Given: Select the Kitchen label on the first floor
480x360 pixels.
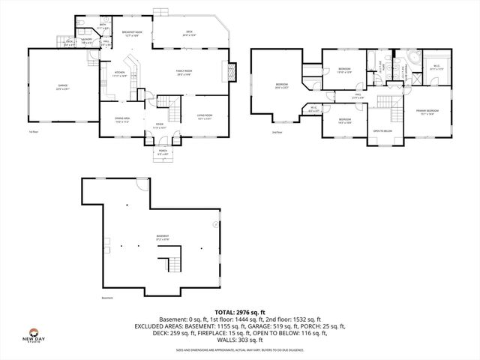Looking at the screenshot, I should [119, 74].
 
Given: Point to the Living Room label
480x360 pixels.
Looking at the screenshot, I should [204, 116].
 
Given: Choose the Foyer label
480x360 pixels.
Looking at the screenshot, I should [159, 127].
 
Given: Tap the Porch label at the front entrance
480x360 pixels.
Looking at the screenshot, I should [163, 152].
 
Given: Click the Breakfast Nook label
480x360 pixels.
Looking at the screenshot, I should [132, 33].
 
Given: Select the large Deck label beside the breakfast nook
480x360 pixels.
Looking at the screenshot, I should [190, 33].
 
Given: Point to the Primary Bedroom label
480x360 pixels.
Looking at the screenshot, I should [427, 112].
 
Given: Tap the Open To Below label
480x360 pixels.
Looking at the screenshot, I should [382, 131].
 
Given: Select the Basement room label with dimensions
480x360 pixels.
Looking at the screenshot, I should [162, 237].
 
